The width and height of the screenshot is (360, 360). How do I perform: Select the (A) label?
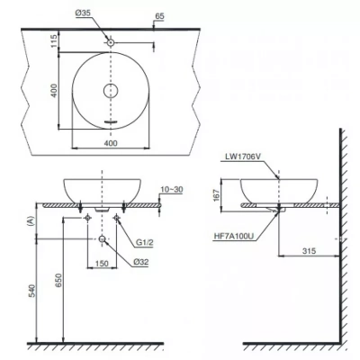[x=33, y=219]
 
